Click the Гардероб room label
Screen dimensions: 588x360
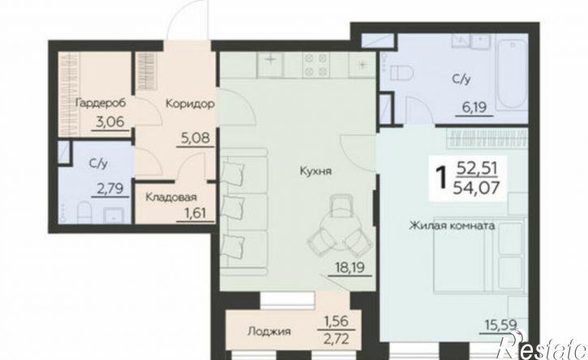pos(100,103)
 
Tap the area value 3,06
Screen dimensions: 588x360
pos(110,122)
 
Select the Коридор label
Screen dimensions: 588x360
pos(190,103)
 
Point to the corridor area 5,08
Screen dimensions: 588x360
pos(195,139)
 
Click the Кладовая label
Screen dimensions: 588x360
pos(171,197)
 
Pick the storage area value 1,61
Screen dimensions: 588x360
pos(195,213)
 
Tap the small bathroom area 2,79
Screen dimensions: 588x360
pos(110,189)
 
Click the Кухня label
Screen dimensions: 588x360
pos(315,171)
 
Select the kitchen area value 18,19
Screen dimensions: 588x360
pos(350,268)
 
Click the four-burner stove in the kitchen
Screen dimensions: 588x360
pos(316,65)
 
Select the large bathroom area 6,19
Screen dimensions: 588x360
pos(474,108)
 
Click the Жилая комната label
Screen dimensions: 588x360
pos(452,225)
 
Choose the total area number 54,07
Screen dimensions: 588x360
pos(476,186)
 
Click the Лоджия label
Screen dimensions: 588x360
pos(269,332)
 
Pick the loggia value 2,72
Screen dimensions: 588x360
pos(337,339)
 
